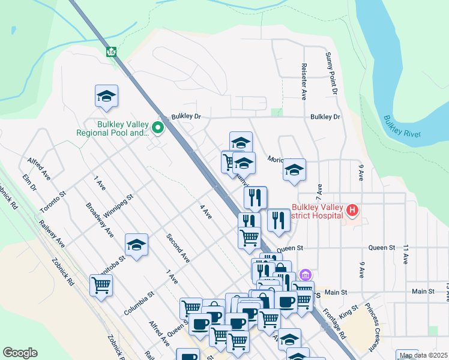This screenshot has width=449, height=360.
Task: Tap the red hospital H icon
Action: (x=352, y=211)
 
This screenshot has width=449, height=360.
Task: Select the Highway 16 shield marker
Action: (x=112, y=52)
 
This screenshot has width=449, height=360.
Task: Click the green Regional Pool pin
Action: (x=158, y=127)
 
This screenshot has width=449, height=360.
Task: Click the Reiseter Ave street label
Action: (x=304, y=81)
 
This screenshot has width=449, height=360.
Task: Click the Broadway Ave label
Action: (x=100, y=220)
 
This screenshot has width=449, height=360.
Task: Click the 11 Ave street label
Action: (x=406, y=254)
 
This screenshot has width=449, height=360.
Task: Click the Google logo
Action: (x=20, y=353)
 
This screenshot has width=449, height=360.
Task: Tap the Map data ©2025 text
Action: (x=424, y=355)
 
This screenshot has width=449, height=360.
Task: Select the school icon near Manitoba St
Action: (x=136, y=245)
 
